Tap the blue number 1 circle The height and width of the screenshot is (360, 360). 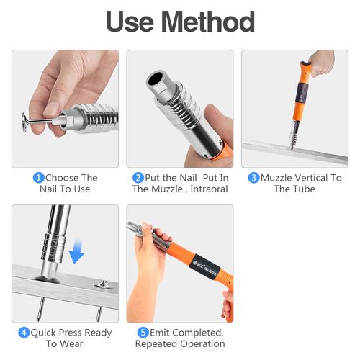(x=39, y=178)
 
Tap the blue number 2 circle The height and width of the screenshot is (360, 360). (x=138, y=178)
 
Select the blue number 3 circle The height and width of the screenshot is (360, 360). (x=253, y=178)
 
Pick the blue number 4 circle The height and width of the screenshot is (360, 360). (x=24, y=333)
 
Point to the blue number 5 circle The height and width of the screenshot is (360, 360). (x=143, y=333)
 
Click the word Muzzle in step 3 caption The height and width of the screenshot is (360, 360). (x=277, y=178)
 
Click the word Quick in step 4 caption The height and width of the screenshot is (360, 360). (x=45, y=333)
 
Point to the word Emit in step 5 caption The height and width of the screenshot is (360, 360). (x=161, y=333)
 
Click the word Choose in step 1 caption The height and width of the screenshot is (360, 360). (x=63, y=178)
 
